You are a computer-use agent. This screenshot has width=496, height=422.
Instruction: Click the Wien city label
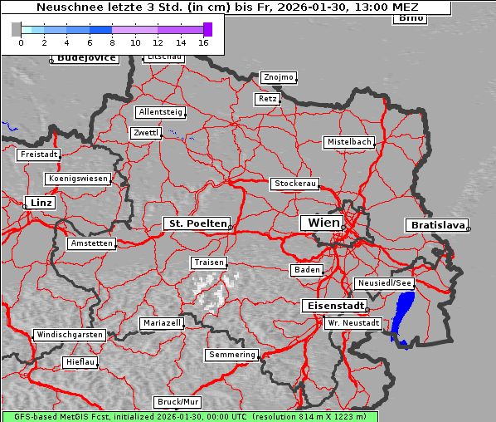(x=323, y=223)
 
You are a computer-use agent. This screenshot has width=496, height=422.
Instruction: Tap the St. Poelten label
(x=196, y=223)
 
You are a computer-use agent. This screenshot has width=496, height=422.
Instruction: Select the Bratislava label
(x=435, y=225)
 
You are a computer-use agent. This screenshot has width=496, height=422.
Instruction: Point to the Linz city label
(x=39, y=203)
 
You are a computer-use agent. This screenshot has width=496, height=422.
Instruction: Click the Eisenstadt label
(x=332, y=306)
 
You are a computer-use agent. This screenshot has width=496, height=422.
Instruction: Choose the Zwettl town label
(x=146, y=133)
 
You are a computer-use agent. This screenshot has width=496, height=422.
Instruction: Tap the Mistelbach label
(x=349, y=142)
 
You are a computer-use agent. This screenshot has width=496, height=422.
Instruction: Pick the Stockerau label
(x=294, y=184)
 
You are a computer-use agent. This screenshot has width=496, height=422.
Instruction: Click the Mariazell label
(x=162, y=322)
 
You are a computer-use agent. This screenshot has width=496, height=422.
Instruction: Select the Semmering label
(x=232, y=355)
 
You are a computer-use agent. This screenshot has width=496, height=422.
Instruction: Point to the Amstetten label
(x=91, y=243)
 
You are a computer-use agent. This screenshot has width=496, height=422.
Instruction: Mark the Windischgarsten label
(x=70, y=335)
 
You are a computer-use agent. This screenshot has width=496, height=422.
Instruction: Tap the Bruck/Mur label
(x=178, y=402)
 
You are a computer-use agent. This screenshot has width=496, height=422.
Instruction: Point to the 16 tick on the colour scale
(x=204, y=42)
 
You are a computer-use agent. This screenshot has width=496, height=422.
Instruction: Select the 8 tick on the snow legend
(x=112, y=42)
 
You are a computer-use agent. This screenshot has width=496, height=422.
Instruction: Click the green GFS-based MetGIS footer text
(x=189, y=416)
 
